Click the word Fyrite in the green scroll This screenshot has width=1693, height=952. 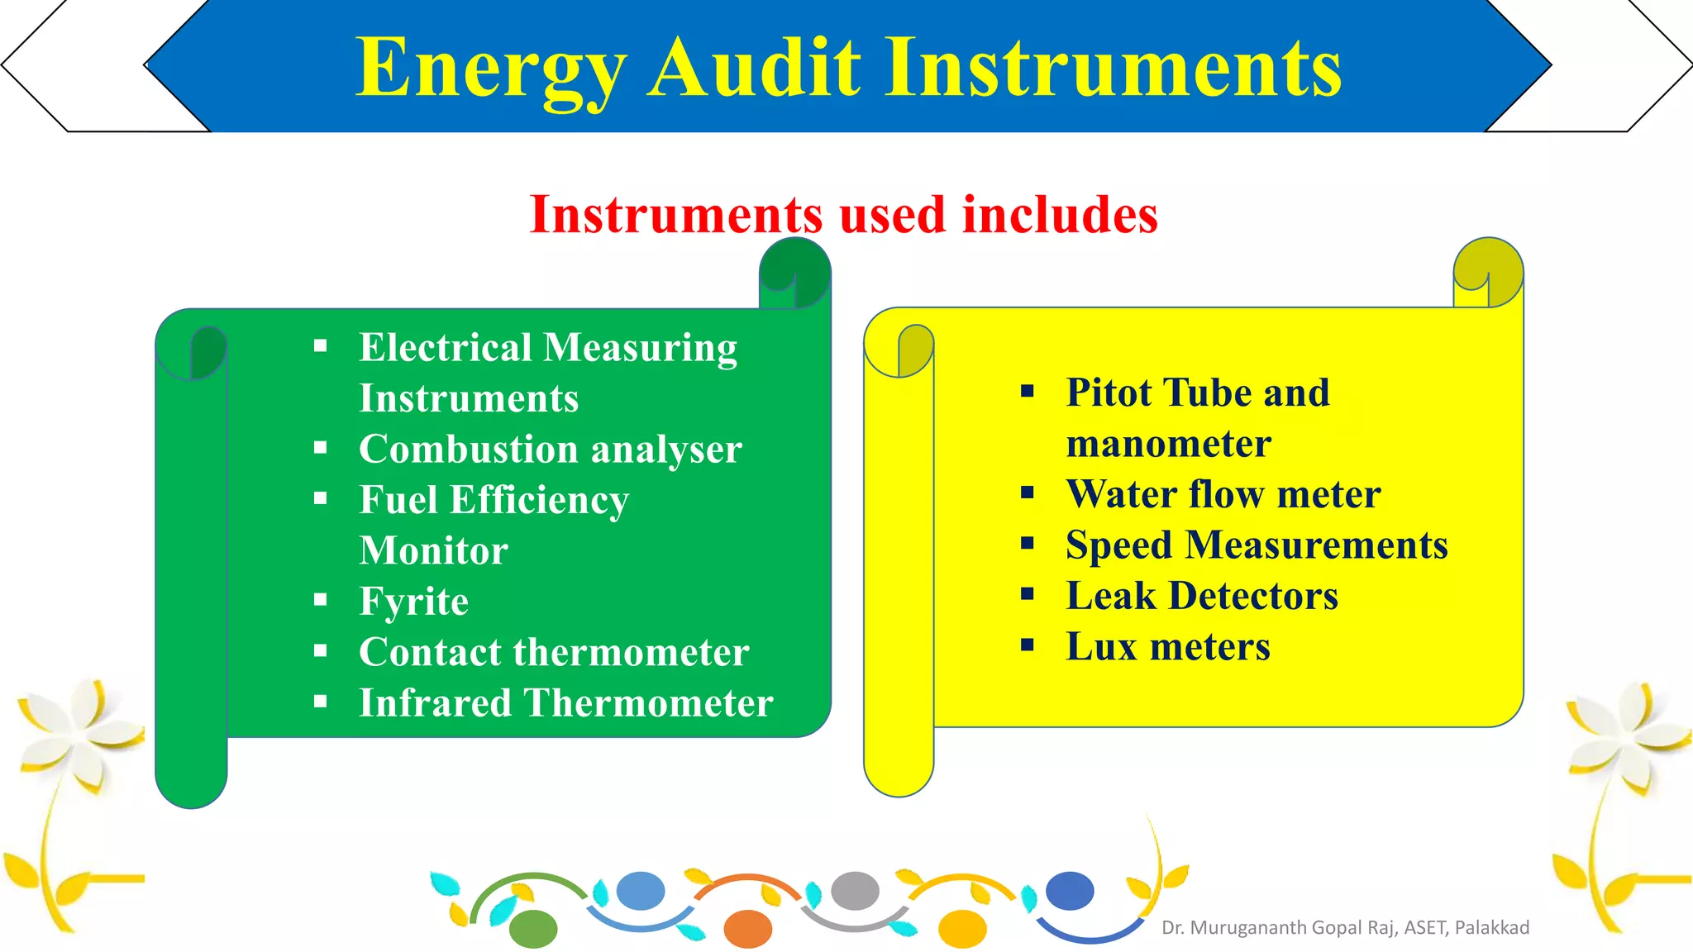pos(413,602)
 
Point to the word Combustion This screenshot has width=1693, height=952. pos(468,450)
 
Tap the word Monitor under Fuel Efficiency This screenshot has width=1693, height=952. pos(433,551)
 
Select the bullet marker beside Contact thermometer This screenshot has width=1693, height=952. pos(321,651)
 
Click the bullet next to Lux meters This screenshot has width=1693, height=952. pos(1028,645)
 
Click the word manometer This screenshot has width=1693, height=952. pos(1168,444)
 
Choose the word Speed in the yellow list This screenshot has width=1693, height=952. pos(1118,545)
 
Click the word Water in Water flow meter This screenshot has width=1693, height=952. pos(1121,494)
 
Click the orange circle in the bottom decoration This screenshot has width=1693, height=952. pos(747,928)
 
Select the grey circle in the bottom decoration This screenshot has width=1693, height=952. pos(855,891)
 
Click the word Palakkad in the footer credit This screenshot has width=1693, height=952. pos(1491,927)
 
